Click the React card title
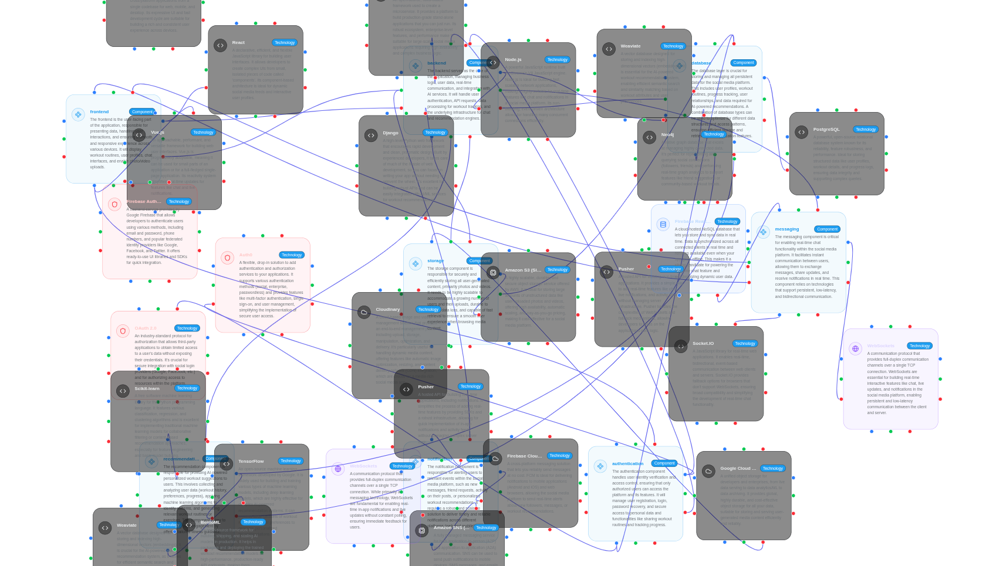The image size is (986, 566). point(238,43)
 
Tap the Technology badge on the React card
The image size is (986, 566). point(285,43)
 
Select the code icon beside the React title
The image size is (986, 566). point(221,45)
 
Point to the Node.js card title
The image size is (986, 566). point(513,60)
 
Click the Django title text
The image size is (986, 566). point(390,133)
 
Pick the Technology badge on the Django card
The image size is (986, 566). point(435,133)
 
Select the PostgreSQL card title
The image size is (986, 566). point(826,130)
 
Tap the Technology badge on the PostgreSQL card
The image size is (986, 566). point(866,130)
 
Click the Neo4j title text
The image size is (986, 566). point(667,135)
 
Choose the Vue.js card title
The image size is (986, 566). point(157,133)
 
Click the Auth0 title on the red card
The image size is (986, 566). point(245,255)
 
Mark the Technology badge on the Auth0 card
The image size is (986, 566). point(292,255)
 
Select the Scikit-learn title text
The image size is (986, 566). point(147,389)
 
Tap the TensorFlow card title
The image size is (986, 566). point(251,462)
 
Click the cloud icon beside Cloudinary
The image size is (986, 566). point(364,312)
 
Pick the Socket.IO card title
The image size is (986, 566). point(703,344)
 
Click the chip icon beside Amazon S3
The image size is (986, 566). point(493,273)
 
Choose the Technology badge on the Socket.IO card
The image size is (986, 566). point(745,344)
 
